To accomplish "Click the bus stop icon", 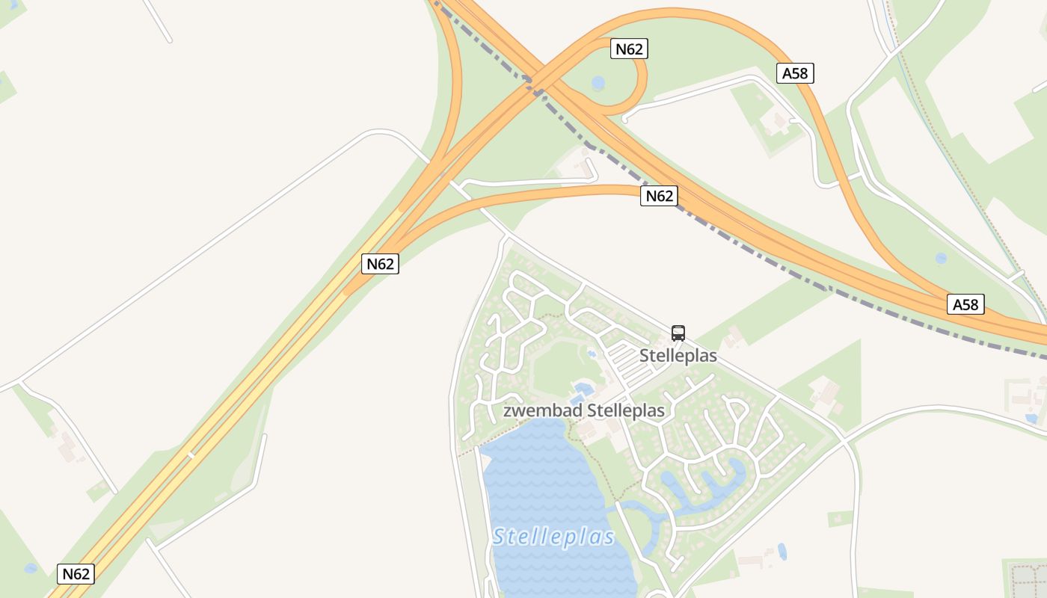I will (678, 333).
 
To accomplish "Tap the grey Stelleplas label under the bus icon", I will (678, 356).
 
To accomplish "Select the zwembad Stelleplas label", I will (584, 410).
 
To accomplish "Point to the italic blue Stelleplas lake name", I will (554, 537).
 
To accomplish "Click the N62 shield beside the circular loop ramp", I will (629, 49).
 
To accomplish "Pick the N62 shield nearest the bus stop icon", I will (659, 196).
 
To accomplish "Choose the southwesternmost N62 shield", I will (76, 574).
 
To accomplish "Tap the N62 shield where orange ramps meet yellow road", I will (380, 264).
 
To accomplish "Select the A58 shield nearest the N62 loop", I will (795, 73).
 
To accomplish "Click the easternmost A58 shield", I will (965, 304).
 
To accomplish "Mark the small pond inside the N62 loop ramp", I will (598, 83).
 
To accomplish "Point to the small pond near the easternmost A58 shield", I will (941, 258).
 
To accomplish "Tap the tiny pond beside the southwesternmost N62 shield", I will (31, 568).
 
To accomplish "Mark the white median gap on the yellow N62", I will (191, 454).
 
